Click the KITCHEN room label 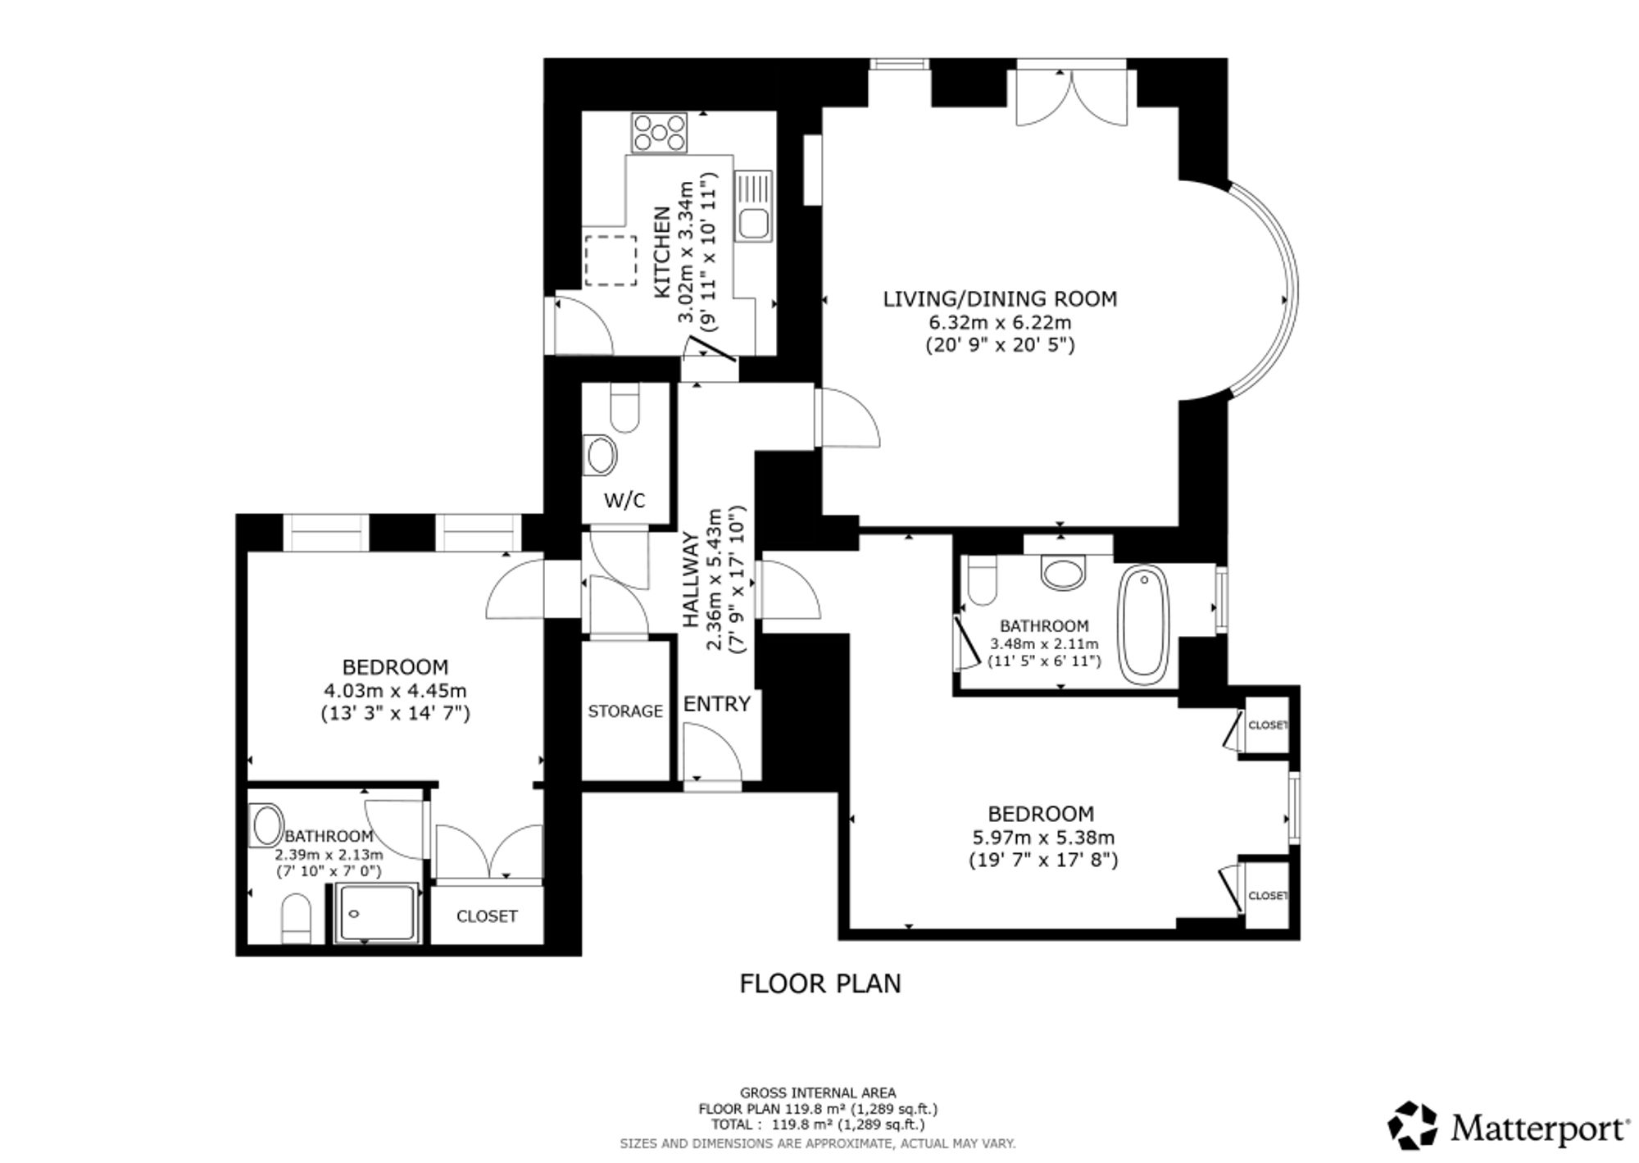coord(661,252)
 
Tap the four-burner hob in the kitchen coord(659,133)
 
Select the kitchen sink coord(753,206)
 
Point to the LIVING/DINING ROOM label coord(1000,299)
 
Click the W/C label coord(624,501)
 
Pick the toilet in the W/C coord(625,409)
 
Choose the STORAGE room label coord(625,711)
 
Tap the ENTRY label coord(717,704)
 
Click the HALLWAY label coord(691,581)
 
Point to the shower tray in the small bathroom coord(378,913)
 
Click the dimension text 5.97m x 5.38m coord(1042,838)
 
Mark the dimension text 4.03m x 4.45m coord(395,691)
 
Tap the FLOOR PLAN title coord(820,984)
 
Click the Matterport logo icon coord(1413,1126)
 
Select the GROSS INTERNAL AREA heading coord(818,1093)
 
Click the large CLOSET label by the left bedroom coord(487,916)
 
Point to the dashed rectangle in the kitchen coord(611,261)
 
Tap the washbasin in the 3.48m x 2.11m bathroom coord(1062,573)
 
